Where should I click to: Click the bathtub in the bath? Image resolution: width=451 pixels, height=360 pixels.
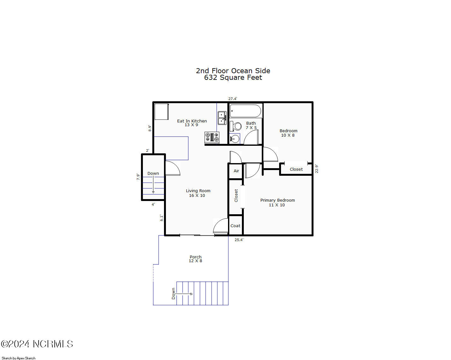point(245,111)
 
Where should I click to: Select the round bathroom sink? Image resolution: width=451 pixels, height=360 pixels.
point(235,139)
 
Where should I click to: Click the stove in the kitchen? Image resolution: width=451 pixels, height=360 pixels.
point(212,137)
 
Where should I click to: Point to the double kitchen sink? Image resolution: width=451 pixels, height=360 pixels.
point(222,118)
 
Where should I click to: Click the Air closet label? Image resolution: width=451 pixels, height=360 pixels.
point(236,171)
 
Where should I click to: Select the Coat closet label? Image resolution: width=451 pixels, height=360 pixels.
point(235,226)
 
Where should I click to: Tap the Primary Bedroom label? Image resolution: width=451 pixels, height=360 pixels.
point(277,203)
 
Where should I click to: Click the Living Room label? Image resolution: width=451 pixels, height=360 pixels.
point(198,193)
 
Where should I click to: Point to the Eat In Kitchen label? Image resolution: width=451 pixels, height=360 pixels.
point(192,123)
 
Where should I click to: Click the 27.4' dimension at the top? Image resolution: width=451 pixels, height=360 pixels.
point(232,99)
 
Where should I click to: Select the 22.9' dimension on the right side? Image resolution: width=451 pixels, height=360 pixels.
point(317,169)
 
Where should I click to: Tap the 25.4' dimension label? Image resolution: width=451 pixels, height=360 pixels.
point(239,240)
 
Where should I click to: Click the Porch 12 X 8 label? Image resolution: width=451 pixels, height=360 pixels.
point(196,259)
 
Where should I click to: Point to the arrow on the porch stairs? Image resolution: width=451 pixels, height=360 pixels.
point(184,294)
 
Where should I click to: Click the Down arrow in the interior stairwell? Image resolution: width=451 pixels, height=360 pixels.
point(153,185)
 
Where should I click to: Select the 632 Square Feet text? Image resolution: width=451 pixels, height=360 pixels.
point(233,78)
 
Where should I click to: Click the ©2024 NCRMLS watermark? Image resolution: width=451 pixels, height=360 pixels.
point(37,344)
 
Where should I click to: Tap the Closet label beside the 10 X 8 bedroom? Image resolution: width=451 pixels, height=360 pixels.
point(296,169)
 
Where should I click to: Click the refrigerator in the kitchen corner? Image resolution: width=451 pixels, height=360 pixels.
point(161,112)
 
